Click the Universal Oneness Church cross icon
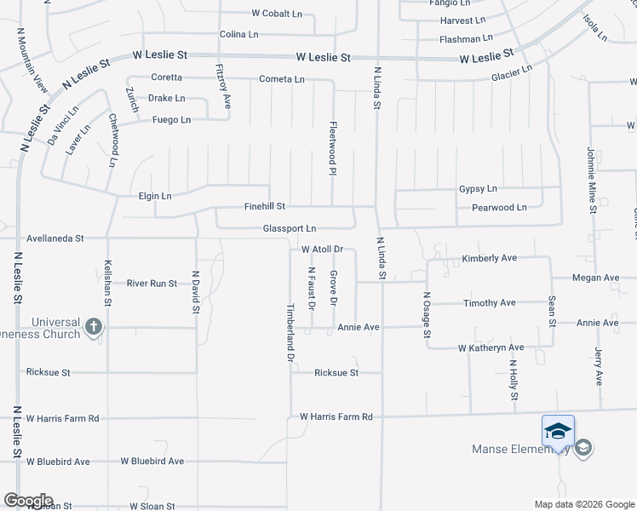(x=94, y=325)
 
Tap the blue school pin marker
(x=558, y=431)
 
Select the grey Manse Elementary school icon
(x=583, y=448)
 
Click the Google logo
(x=28, y=501)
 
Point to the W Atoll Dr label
(x=322, y=250)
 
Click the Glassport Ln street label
(x=290, y=228)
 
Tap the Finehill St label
(x=265, y=206)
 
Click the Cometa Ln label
(x=282, y=79)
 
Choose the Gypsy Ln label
(x=478, y=188)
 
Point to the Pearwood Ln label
(x=499, y=207)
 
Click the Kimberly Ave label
(x=490, y=258)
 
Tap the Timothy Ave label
(x=490, y=302)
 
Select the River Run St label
(x=152, y=284)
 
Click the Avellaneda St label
(x=55, y=239)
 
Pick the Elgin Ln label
(x=155, y=196)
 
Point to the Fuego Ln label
(x=169, y=120)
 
